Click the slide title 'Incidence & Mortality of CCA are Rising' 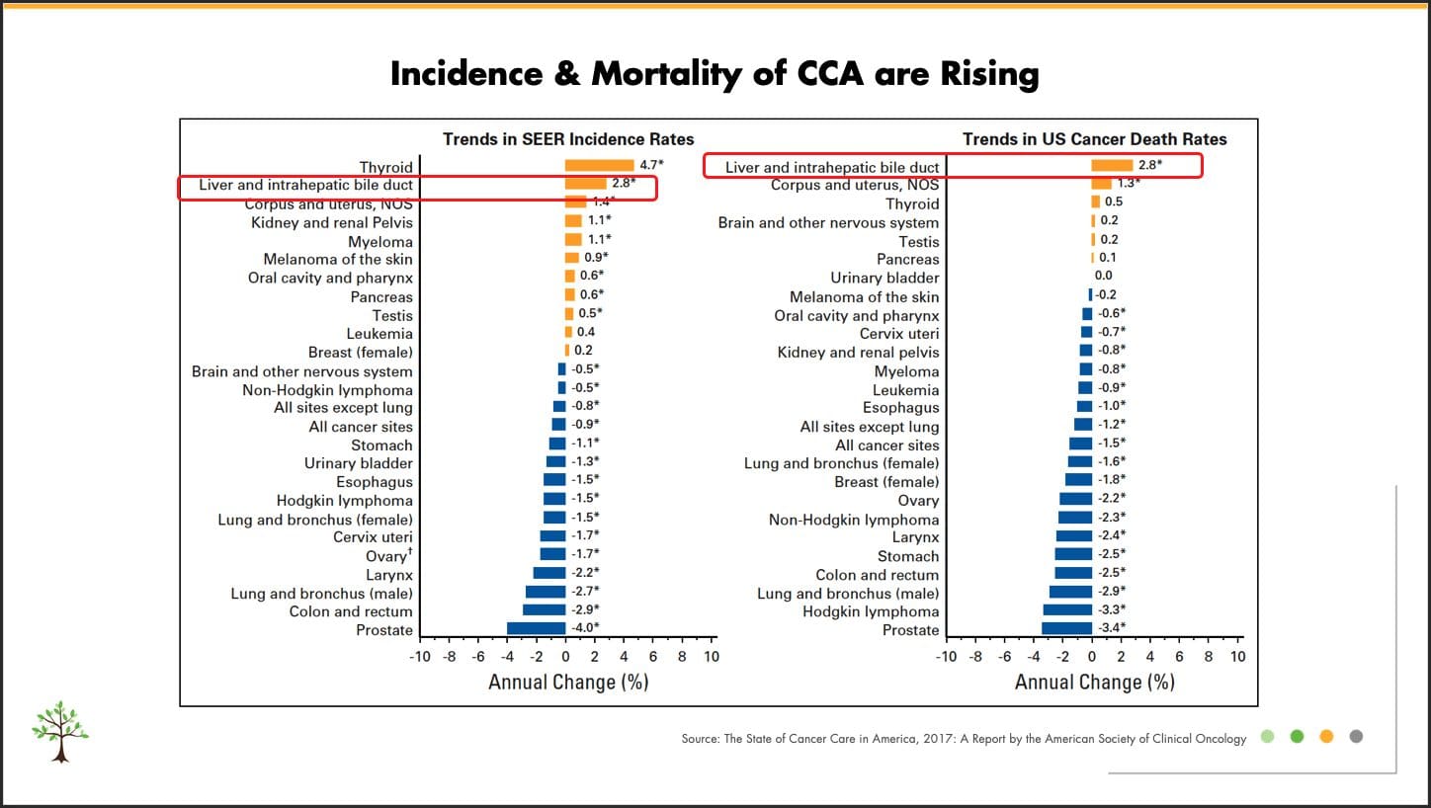pos(715,74)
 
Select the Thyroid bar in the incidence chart pos(599,165)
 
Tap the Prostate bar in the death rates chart pos(1066,628)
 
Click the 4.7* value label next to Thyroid pos(651,165)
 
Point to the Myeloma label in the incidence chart pos(380,242)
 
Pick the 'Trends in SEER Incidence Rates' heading pos(568,139)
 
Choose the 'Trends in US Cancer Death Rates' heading pos(1095,139)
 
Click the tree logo pos(60,731)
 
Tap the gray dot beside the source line pos(1356,736)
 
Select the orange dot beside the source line pos(1326,736)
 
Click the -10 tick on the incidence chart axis pos(420,656)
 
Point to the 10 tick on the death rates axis pos(1237,656)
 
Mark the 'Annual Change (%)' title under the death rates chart pos(1095,682)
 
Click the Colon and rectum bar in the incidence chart pos(544,609)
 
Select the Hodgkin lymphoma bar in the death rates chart pos(1067,609)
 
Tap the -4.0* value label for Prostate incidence pos(585,627)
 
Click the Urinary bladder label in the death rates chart pos(884,279)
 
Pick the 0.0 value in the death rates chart pos(1103,276)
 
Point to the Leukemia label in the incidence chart pos(379,334)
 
